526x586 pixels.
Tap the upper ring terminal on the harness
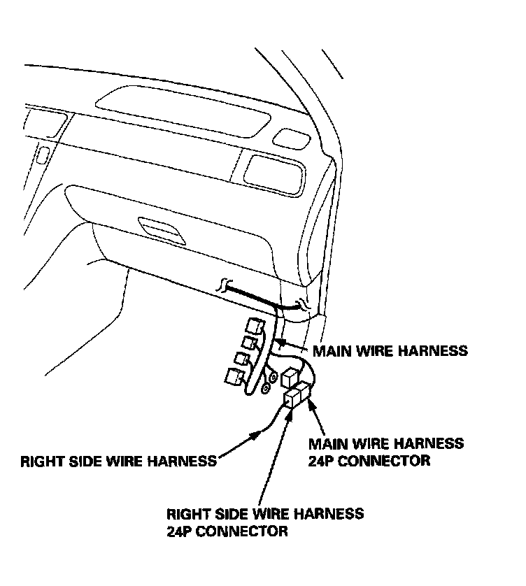coord(272,378)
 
